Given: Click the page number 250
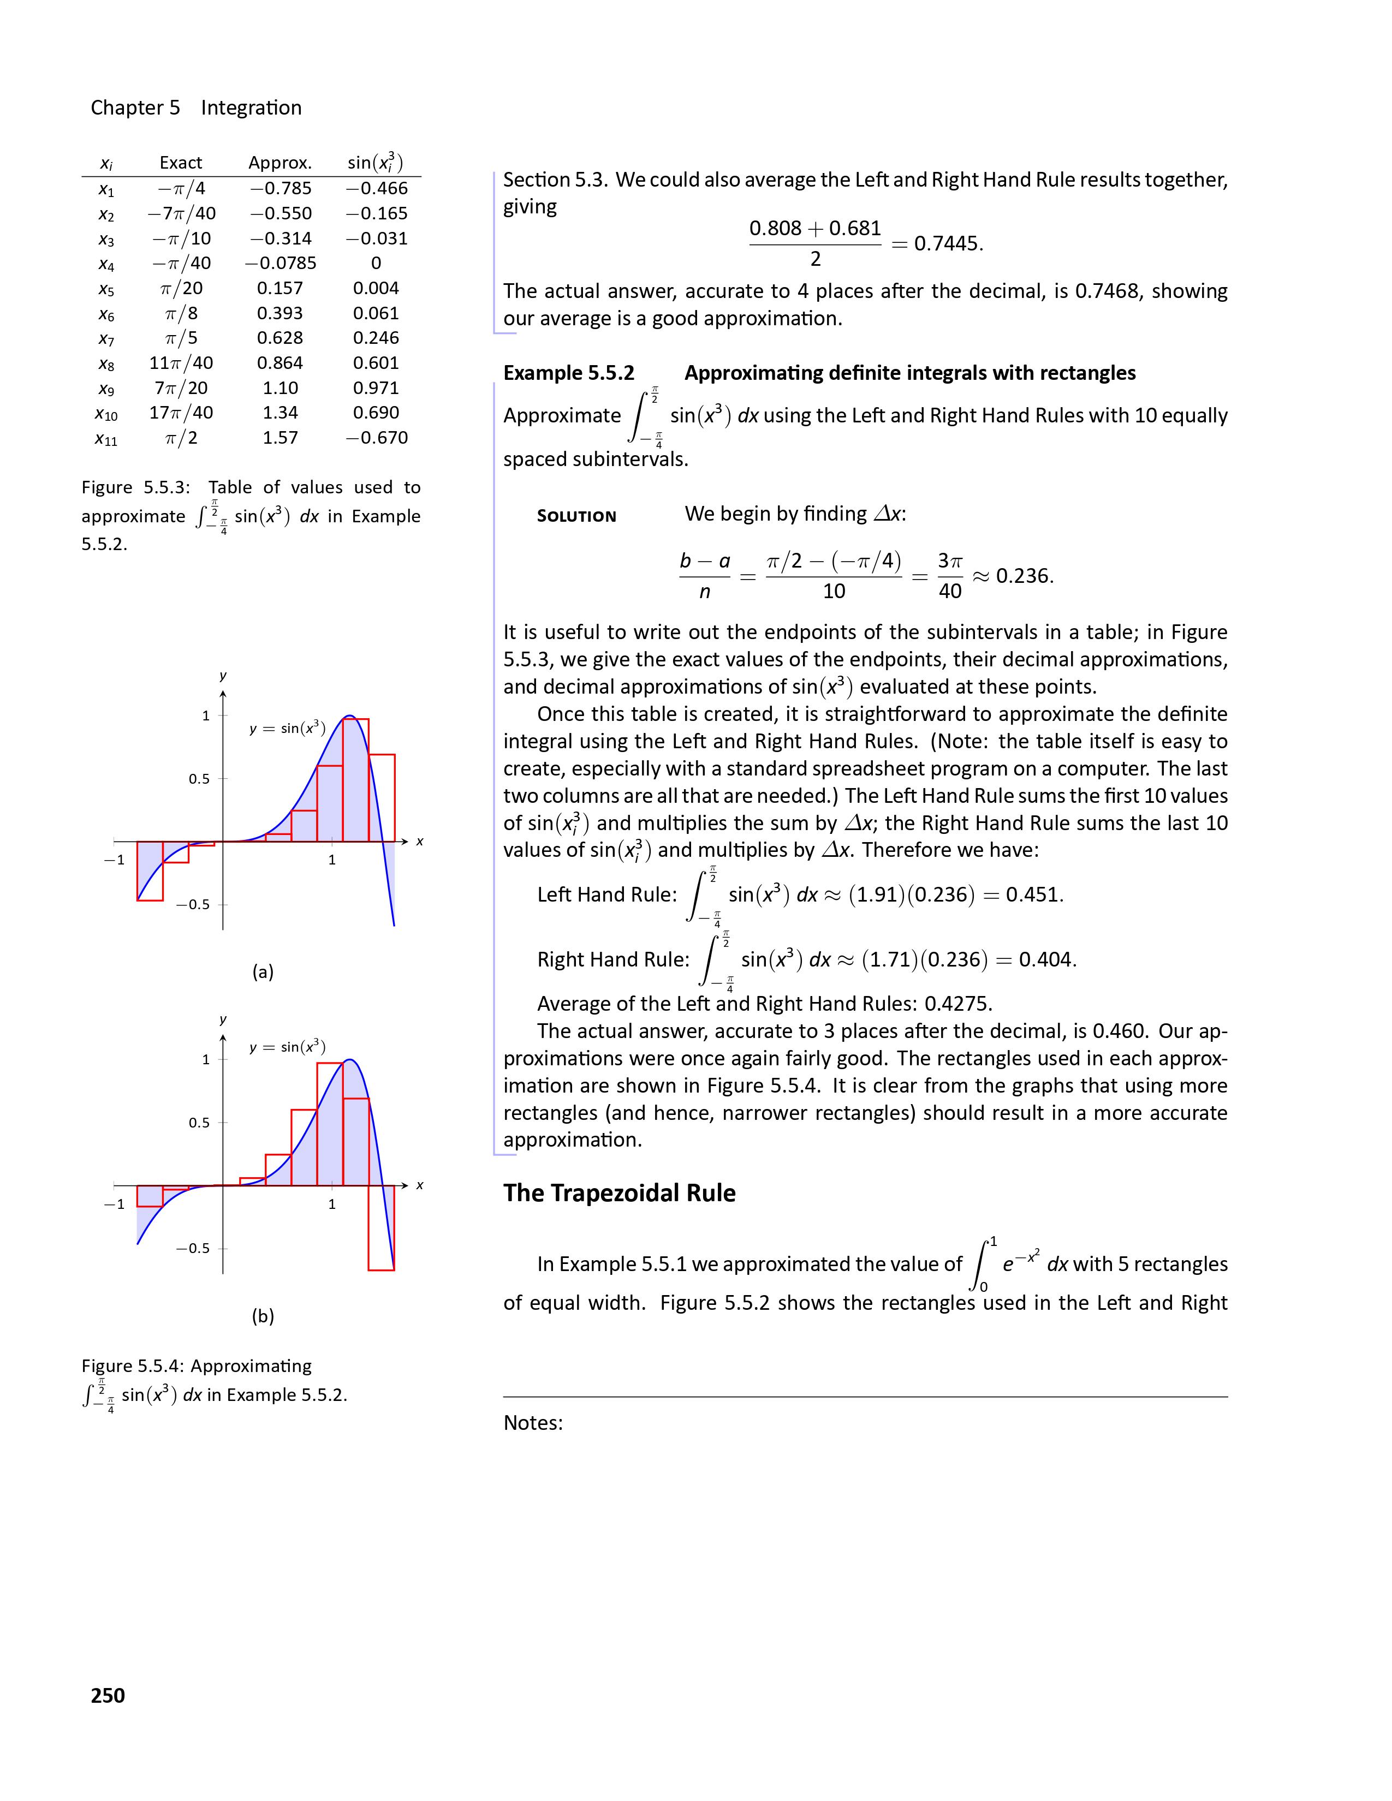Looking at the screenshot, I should pos(108,1695).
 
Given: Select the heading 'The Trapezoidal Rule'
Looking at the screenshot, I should pos(620,1193).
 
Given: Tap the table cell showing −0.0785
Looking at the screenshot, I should pos(281,263).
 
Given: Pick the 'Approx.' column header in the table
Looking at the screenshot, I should pos(281,163).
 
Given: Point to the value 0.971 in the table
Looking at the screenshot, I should pos(376,387).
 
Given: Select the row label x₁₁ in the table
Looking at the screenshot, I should pos(106,439).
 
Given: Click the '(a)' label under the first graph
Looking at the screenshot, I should pos(263,971).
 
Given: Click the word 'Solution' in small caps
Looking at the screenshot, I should pos(576,516).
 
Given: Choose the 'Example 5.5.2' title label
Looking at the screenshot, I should pos(569,373).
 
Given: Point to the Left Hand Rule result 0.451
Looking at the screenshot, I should pos(1034,894).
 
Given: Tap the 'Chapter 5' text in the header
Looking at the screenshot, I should pos(135,108).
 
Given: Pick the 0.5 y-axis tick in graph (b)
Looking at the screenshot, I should pos(199,1122).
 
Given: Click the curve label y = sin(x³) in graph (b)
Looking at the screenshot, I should pos(288,1047).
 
